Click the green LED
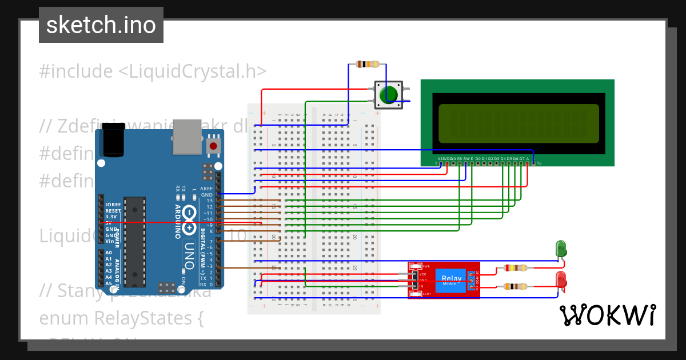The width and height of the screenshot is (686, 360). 561,249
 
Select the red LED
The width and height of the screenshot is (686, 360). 561,280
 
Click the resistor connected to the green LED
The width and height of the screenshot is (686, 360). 515,267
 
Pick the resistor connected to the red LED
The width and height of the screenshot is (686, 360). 515,287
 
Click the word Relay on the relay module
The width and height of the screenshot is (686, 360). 451,277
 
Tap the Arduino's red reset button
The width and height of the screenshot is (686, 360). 213,146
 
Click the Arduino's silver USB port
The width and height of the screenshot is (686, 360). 188,137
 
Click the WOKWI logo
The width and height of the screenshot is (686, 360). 607,315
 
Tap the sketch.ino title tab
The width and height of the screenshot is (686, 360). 101,25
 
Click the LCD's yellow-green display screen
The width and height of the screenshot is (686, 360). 519,123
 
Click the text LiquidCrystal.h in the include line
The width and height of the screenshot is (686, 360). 192,71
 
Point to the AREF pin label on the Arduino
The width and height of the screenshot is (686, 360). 206,189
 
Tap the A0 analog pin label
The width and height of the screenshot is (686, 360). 109,253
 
